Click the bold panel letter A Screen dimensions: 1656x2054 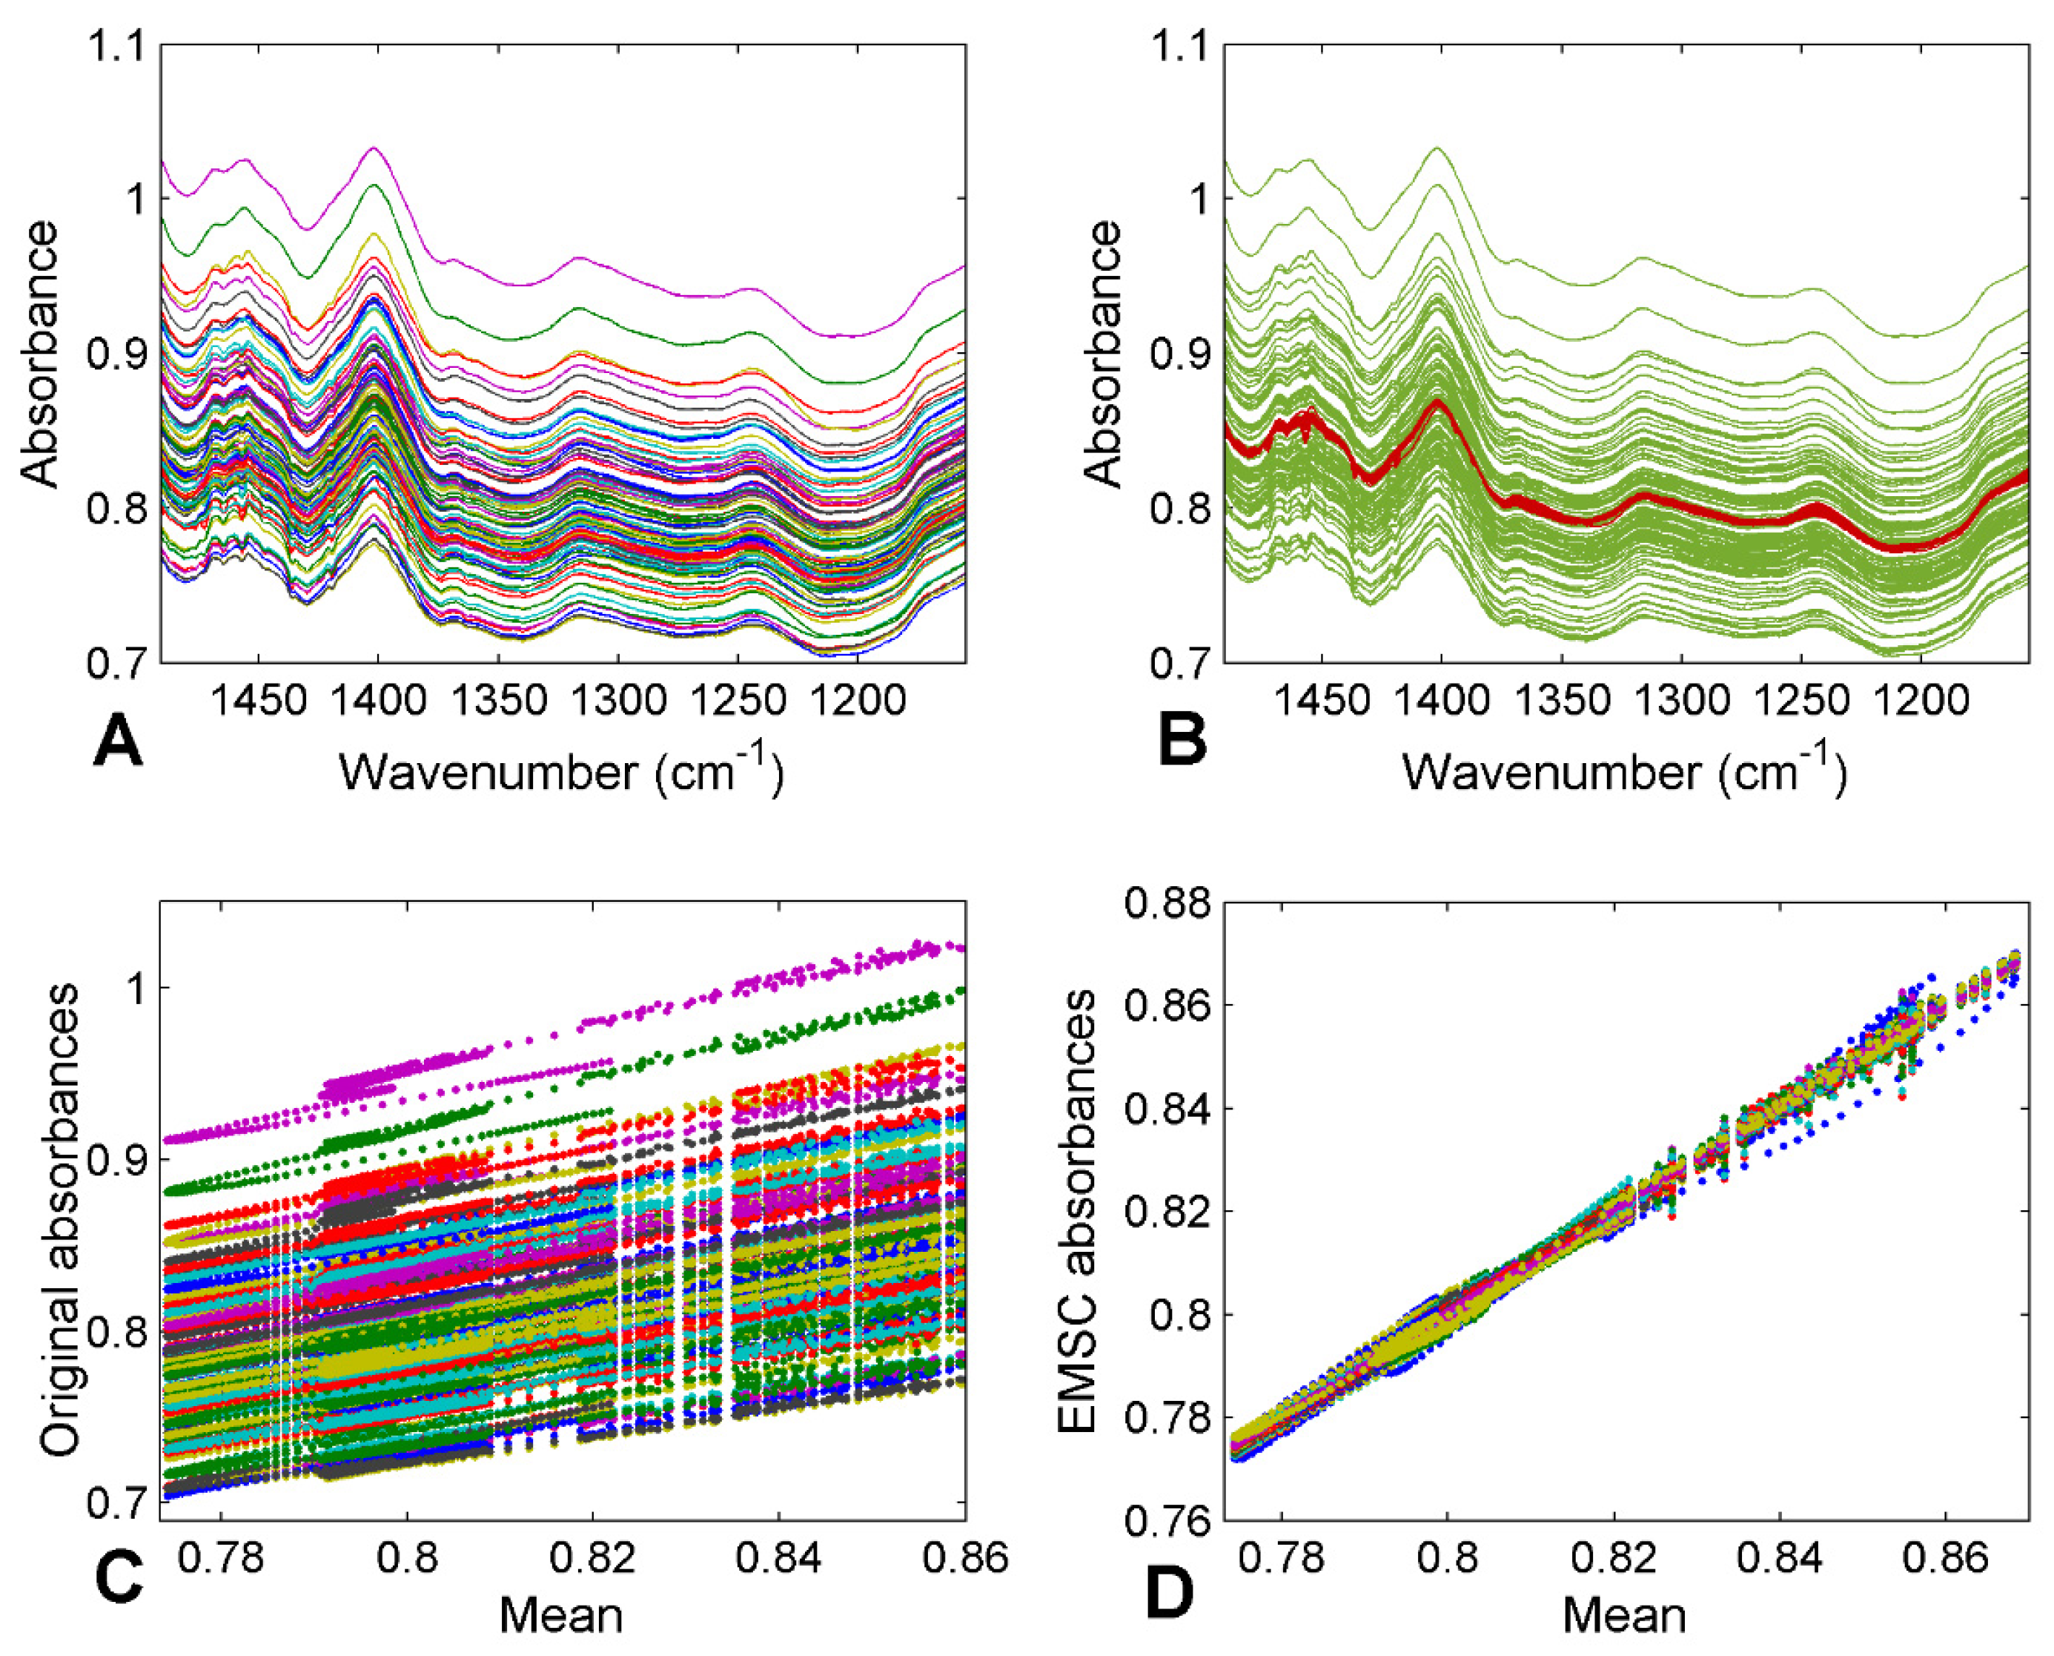coord(119,741)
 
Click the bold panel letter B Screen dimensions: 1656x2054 coord(1182,741)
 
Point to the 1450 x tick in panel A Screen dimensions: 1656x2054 coord(259,701)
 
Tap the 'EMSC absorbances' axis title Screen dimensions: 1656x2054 coord(1078,1210)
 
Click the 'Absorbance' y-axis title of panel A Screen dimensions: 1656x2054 coord(40,354)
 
